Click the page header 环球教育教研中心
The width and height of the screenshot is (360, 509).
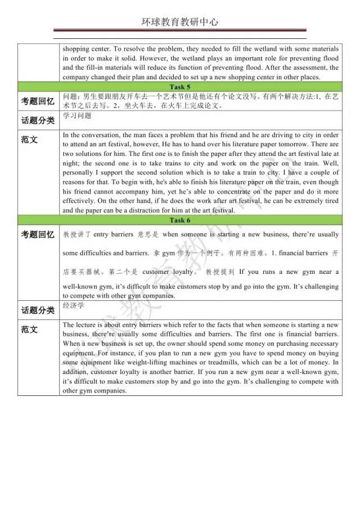click(180, 22)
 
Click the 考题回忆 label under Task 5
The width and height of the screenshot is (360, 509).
click(38, 101)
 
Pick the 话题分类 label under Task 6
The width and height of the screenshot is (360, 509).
click(38, 310)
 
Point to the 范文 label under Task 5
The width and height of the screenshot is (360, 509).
click(29, 139)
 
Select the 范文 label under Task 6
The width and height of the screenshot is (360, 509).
click(29, 330)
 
